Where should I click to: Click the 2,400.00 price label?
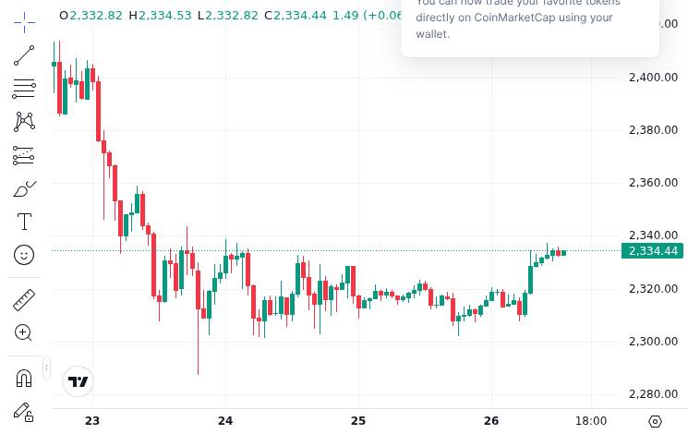pyautogui.click(x=653, y=77)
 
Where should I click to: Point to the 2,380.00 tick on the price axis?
pyautogui.click(x=653, y=129)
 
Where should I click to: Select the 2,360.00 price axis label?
pyautogui.click(x=653, y=183)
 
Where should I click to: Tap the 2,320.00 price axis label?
pyautogui.click(x=653, y=289)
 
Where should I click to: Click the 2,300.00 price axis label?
pyautogui.click(x=653, y=342)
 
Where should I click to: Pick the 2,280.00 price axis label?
pyautogui.click(x=653, y=394)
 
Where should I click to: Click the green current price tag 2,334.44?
pyautogui.click(x=653, y=251)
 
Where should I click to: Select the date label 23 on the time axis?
pyautogui.click(x=91, y=421)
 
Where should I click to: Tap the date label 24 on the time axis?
pyautogui.click(x=225, y=421)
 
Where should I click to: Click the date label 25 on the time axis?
pyautogui.click(x=358, y=421)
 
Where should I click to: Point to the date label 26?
pyautogui.click(x=491, y=421)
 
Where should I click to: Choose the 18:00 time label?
pyautogui.click(x=591, y=421)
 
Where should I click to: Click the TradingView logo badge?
pyautogui.click(x=78, y=381)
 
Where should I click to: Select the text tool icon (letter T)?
pyautogui.click(x=24, y=222)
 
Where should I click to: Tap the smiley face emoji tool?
pyautogui.click(x=24, y=254)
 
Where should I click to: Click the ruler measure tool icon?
pyautogui.click(x=24, y=300)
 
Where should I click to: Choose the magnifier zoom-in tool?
pyautogui.click(x=24, y=332)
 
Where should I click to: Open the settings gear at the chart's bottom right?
pyautogui.click(x=656, y=421)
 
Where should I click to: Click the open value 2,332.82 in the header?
pyautogui.click(x=96, y=16)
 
